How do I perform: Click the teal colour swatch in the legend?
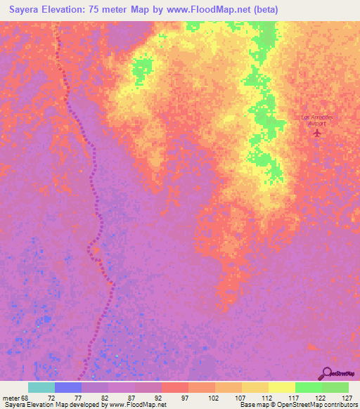coord(41,387)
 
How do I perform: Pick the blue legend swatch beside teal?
coord(68,387)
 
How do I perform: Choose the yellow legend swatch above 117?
coord(281,387)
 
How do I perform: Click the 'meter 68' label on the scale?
coord(16,398)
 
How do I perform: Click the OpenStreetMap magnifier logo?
coord(327,373)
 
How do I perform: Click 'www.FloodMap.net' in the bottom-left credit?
coord(136,405)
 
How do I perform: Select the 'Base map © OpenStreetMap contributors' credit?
coord(297,405)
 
